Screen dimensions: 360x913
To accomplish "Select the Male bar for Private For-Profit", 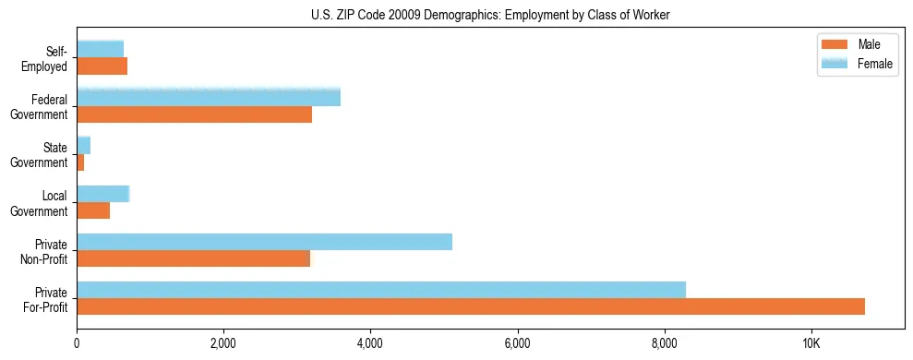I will (471, 306).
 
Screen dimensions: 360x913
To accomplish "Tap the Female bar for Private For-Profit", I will (381, 289).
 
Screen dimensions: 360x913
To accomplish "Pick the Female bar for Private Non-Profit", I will (264, 241).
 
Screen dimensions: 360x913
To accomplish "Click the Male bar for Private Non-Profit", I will (194, 258).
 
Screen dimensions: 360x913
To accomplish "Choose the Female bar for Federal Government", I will (209, 97).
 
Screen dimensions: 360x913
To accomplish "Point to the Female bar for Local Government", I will (102, 193).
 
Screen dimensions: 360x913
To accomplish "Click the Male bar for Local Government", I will (93, 210).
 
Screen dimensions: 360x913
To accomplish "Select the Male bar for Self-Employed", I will (102, 66).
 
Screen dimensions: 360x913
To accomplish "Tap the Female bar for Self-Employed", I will (100, 49).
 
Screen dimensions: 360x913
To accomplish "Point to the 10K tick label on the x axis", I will (811, 343).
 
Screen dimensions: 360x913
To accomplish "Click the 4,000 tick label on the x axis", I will (370, 343).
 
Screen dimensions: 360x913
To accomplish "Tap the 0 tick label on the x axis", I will (77, 343).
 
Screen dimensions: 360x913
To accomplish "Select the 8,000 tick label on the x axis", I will (664, 343).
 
